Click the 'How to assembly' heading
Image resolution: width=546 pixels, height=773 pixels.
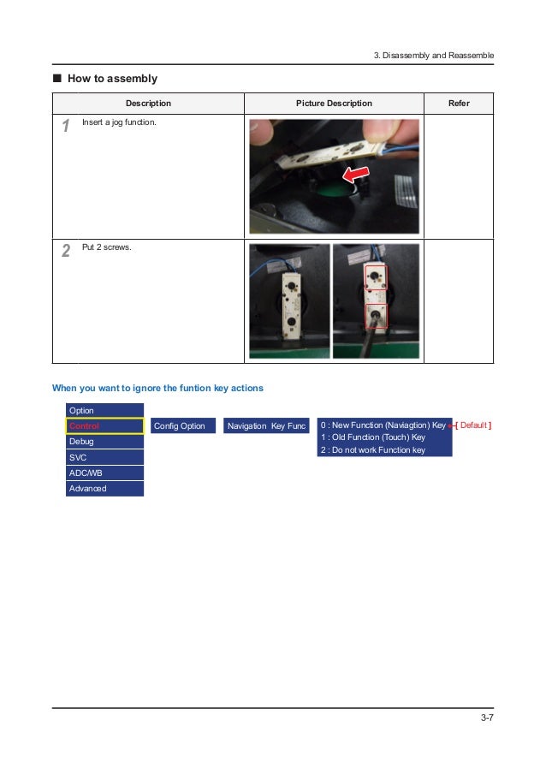(x=112, y=79)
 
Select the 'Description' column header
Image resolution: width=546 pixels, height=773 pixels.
(x=148, y=103)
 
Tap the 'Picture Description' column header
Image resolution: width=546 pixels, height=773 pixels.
(x=334, y=103)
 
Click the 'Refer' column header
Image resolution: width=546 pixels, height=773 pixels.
(x=459, y=103)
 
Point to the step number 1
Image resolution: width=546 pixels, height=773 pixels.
(x=66, y=125)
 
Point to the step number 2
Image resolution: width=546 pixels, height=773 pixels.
(x=66, y=251)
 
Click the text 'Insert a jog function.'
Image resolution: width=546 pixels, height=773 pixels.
(x=119, y=122)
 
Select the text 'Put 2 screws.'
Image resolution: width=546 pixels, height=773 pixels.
(x=106, y=247)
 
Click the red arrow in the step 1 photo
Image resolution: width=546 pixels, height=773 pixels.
(x=356, y=174)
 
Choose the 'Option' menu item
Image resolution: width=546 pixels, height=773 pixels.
(x=104, y=410)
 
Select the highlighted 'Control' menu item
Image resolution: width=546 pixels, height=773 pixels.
(x=104, y=426)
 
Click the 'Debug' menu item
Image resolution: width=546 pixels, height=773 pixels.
(x=104, y=441)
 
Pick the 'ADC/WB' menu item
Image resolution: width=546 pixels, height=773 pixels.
(x=104, y=473)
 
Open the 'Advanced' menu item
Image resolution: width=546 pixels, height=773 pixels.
(x=104, y=489)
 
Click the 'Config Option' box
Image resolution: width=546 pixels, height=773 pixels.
(x=183, y=426)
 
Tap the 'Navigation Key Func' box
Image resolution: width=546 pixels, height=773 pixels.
(x=266, y=426)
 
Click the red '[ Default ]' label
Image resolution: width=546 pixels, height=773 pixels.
(x=473, y=425)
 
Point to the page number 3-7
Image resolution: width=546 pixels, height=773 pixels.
(x=487, y=717)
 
